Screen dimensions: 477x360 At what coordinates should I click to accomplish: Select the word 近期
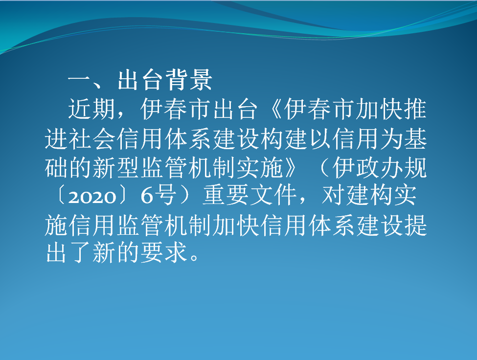pos(91,109)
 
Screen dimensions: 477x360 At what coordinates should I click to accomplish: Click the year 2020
pos(92,197)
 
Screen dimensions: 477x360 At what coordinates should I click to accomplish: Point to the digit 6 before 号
pos(147,196)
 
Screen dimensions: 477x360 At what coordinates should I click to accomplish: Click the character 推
pos(415,109)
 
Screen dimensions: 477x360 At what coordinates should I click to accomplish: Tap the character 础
pos(56,168)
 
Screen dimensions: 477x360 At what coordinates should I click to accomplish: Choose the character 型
pos(128,168)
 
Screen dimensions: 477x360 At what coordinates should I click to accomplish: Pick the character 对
pos(333,195)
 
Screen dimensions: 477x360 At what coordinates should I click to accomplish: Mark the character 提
pos(415,225)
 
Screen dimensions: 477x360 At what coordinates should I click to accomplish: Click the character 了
pos(80,253)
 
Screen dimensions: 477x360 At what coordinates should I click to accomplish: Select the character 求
pos(175,253)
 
